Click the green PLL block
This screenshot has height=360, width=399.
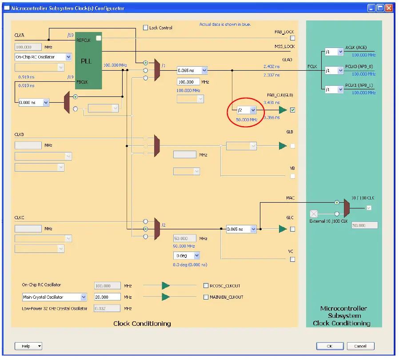89,60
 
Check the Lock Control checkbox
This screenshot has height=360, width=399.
146,28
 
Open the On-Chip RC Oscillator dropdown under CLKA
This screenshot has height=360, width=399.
43,57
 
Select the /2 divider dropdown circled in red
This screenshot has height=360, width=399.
247,110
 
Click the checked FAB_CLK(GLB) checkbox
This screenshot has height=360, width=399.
292,110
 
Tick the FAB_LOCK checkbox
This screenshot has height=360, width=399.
292,38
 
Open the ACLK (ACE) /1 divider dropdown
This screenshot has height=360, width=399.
334,52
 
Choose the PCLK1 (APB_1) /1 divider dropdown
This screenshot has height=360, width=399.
334,89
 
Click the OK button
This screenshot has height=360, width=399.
330,346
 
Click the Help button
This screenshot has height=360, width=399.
28,346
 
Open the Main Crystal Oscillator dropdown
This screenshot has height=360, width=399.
54,297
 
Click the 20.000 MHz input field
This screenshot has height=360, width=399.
107,297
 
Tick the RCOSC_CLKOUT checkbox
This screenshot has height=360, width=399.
206,286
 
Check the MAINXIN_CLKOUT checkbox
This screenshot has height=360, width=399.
206,297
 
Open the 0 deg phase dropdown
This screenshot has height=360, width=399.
186,256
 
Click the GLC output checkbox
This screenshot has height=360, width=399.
292,229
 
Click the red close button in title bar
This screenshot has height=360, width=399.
389,8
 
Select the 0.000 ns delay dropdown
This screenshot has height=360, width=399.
34,102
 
